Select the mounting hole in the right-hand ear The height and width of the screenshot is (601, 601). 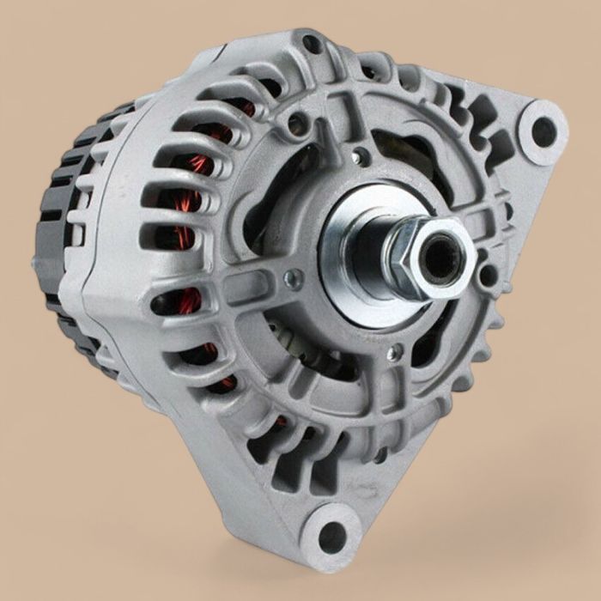pos(543,131)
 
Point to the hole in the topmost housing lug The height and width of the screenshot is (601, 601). pos(313,44)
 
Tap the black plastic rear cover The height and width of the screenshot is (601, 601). pos(64,232)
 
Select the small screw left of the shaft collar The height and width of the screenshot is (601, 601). pos(294,278)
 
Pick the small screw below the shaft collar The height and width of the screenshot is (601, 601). pos(392,353)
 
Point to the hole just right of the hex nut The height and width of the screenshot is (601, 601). pos(488,275)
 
